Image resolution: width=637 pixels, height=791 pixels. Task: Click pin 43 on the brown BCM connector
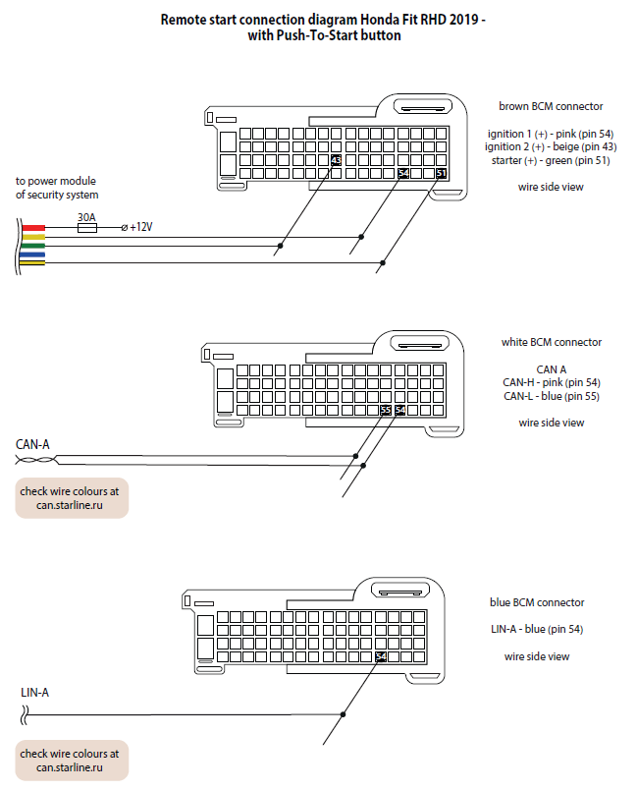coord(336,160)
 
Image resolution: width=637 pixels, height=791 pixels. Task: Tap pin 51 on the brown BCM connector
coord(441,174)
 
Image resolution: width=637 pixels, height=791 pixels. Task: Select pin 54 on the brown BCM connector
coord(403,174)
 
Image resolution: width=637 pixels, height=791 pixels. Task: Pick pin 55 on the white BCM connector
coord(386,410)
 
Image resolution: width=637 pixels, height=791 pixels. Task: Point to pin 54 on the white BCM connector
coord(400,410)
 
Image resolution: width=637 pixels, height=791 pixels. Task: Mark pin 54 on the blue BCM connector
coord(381,656)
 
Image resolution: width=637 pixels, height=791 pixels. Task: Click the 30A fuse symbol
coord(86,228)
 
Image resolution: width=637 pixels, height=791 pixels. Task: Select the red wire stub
coord(33,228)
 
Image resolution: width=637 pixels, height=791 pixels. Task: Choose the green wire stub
coord(33,247)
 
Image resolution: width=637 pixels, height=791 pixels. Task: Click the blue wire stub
coord(33,254)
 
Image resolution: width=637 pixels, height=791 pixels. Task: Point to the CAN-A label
coord(32,444)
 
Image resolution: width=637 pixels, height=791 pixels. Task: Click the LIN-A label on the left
coord(34,693)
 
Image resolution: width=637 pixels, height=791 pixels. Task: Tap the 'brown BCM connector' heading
coord(551,106)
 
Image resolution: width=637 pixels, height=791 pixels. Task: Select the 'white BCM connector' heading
coord(552,342)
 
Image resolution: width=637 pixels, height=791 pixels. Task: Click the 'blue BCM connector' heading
coord(537,602)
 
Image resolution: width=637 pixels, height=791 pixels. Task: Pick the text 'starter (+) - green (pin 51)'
coord(551,160)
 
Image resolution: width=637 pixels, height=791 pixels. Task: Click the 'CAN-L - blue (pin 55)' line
coord(552,396)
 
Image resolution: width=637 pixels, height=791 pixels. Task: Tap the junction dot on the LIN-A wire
coord(344,714)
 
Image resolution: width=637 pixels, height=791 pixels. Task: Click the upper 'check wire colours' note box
coord(72,498)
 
